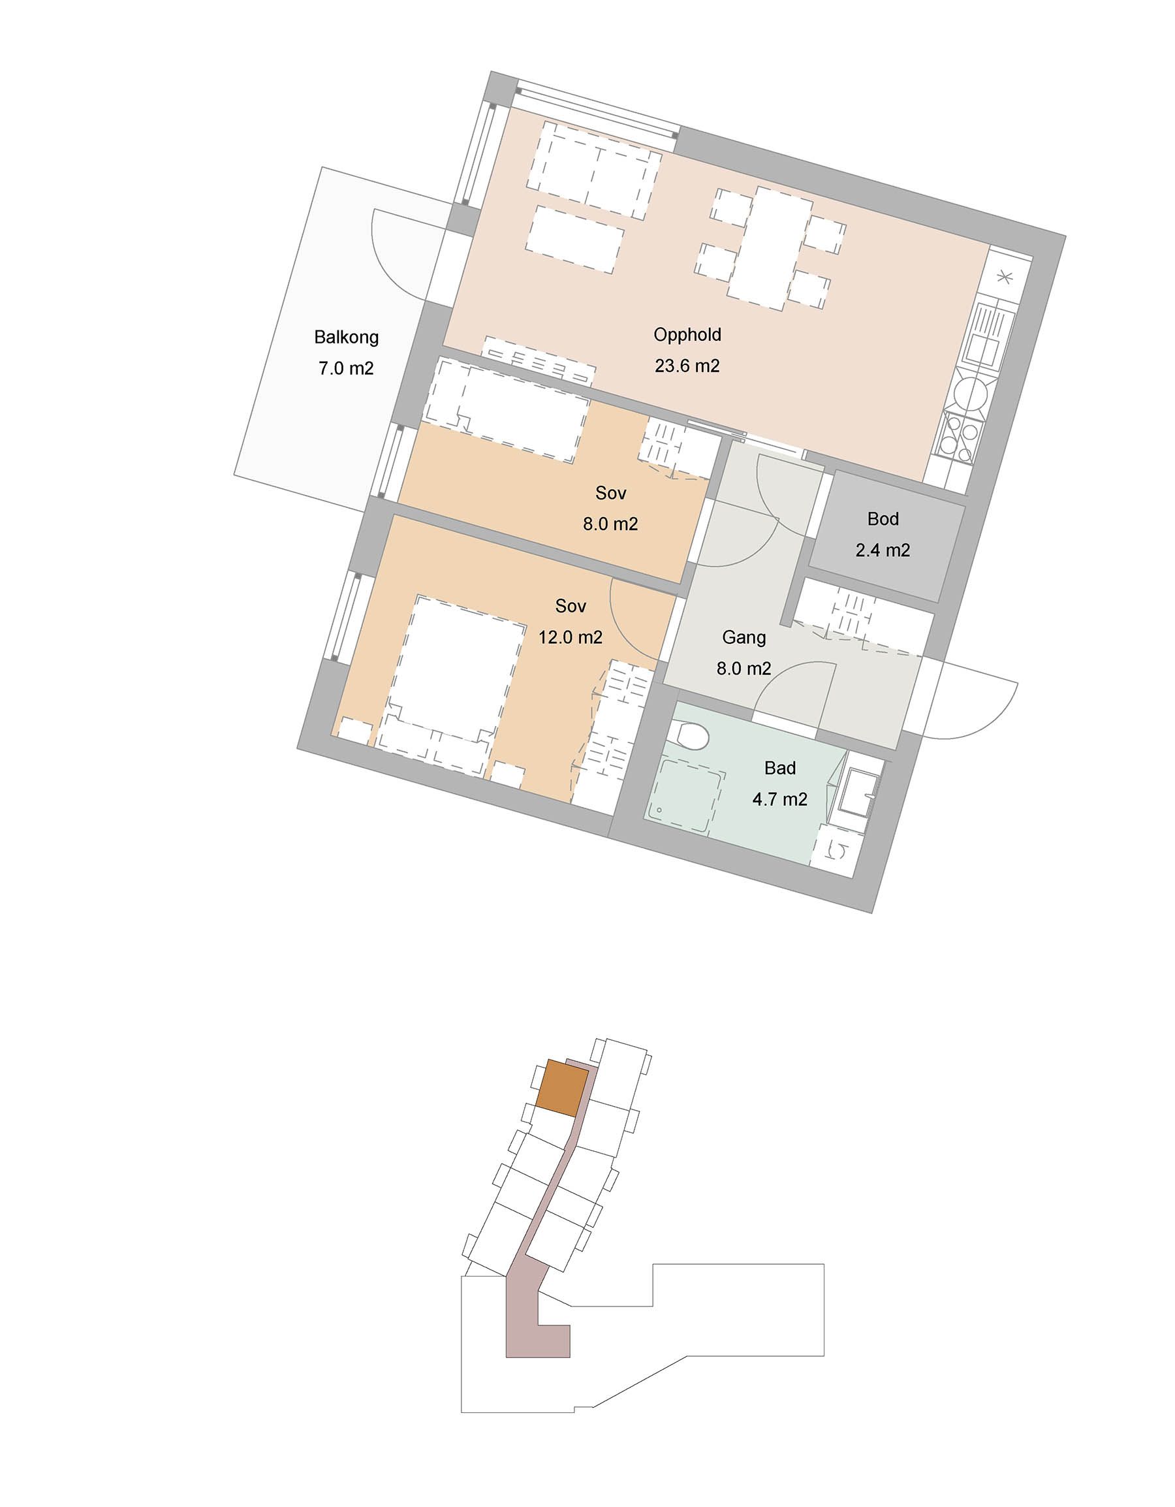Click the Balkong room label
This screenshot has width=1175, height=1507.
coord(347,338)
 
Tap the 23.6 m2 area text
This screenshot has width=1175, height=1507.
coord(687,366)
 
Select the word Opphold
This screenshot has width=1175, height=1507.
coord(687,335)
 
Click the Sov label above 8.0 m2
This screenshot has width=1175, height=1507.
coord(610,493)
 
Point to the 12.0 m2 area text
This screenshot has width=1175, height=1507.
coord(571,637)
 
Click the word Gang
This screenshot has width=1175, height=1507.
coord(744,637)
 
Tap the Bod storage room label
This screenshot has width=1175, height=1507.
coord(883,519)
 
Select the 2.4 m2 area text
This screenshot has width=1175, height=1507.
coord(883,550)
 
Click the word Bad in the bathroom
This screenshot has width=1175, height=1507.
coord(779,768)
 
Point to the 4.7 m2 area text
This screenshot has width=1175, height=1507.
coord(779,799)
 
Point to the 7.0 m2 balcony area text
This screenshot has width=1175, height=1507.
coord(347,368)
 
